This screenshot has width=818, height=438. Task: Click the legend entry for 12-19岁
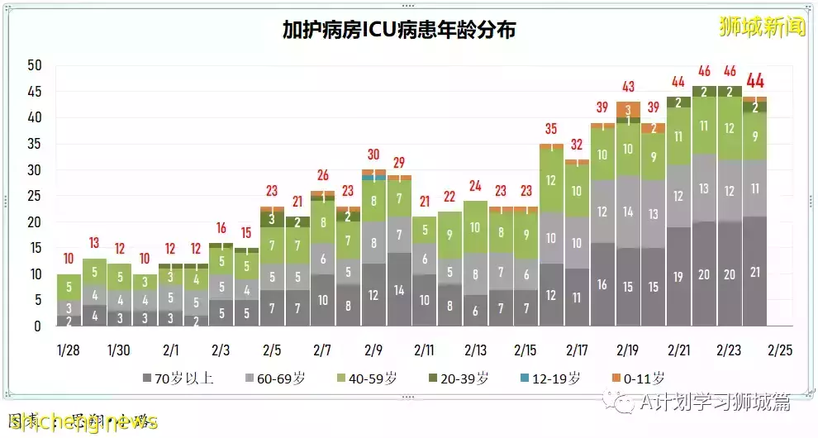548,378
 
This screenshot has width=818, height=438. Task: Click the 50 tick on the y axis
34,66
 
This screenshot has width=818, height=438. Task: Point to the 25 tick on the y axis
34,196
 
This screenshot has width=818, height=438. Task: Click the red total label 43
628,87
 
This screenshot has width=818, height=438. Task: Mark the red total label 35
551,129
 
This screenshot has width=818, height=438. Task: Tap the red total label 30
373,155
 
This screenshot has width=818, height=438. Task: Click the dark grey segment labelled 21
755,274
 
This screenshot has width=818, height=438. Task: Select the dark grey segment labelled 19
679,278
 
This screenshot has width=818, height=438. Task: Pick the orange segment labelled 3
628,109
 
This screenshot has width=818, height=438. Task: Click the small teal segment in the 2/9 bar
373,178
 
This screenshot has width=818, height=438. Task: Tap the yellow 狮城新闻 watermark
762,26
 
